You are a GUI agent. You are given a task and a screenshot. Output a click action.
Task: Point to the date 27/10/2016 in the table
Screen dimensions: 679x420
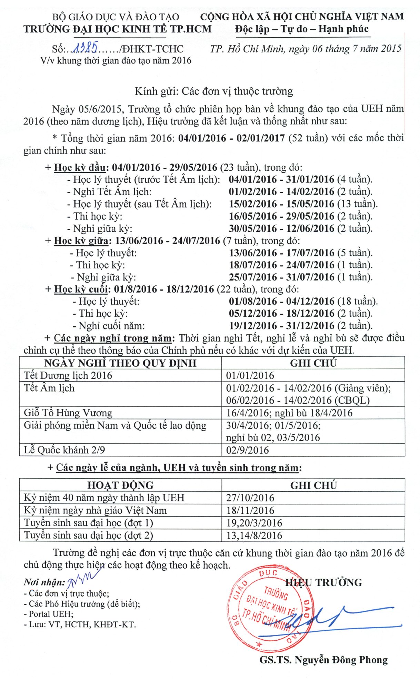[250, 498]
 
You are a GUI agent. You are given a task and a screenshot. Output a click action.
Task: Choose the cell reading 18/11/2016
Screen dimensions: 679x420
[250, 510]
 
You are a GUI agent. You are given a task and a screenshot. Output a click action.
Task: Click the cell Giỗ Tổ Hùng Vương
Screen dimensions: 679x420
[68, 413]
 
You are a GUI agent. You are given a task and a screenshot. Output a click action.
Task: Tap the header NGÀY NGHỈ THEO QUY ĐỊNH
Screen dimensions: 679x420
[120, 363]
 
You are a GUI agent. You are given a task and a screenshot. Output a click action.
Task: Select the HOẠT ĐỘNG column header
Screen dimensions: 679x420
[120, 485]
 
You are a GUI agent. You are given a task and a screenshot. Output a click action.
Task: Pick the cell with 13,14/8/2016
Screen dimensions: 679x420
[254, 535]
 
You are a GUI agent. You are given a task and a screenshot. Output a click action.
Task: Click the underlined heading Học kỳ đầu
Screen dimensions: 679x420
[80, 168]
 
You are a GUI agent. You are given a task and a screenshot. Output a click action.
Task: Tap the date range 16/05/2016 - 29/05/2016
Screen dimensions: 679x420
[281, 216]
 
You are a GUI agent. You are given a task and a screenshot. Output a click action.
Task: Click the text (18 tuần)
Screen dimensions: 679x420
[357, 301]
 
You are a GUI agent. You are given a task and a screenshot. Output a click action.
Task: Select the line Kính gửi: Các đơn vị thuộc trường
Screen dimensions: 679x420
[213, 91]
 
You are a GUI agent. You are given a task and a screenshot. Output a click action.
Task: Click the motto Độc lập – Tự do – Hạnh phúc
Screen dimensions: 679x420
[302, 29]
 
